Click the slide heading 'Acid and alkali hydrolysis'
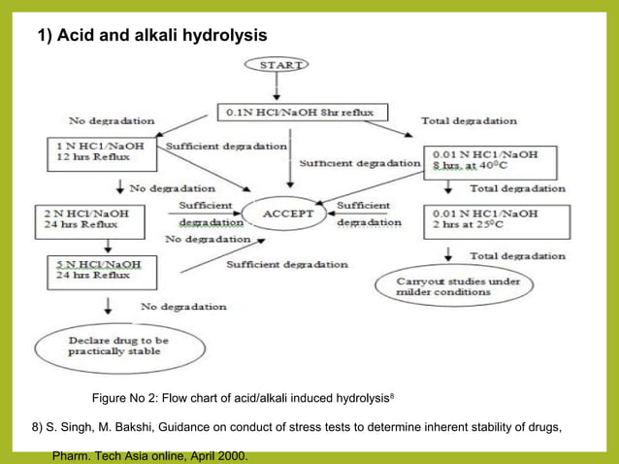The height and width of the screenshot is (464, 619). [151, 36]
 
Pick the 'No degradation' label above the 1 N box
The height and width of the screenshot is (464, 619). [112, 121]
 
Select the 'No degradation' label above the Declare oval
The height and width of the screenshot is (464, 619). [184, 307]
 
